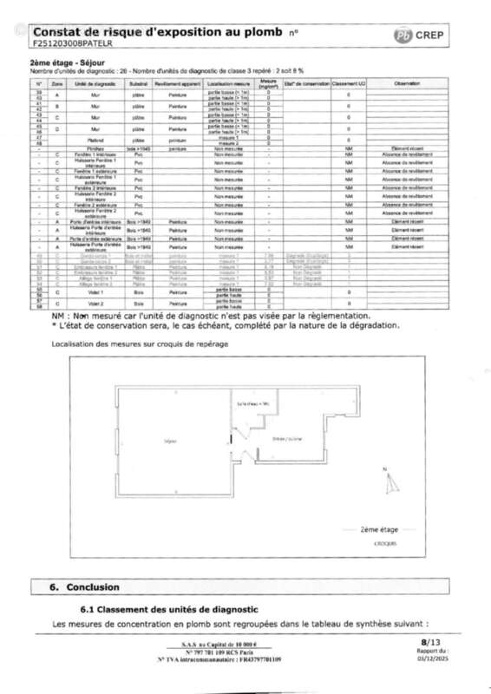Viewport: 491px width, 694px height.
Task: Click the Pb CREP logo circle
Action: pos(403,36)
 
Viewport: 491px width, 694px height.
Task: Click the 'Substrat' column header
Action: pos(138,83)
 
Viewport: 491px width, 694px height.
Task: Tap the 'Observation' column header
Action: pos(406,83)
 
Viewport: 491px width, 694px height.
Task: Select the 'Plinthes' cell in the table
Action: pos(95,148)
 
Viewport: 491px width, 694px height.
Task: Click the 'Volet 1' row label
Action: pos(95,292)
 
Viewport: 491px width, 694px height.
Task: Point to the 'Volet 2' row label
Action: pos(95,304)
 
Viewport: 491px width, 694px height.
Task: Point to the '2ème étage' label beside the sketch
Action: pos(380,528)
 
